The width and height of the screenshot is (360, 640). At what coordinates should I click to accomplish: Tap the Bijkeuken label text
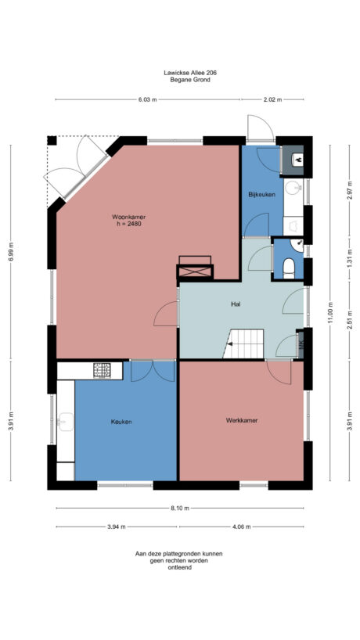click(261, 194)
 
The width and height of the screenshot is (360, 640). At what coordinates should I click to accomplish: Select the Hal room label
click(235, 303)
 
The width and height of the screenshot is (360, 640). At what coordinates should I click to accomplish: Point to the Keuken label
click(121, 422)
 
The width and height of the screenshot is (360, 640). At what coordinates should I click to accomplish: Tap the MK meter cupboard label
click(301, 343)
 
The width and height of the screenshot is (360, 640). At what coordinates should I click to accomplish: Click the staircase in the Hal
click(244, 344)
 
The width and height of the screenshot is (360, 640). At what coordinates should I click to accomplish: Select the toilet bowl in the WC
click(289, 268)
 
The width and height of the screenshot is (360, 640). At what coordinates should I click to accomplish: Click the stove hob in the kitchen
click(103, 369)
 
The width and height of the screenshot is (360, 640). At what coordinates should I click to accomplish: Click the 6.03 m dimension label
click(147, 100)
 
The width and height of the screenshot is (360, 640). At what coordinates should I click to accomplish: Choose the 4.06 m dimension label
click(241, 527)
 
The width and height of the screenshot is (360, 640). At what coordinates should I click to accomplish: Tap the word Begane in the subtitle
click(172, 80)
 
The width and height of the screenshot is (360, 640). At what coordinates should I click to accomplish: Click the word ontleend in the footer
click(179, 567)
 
